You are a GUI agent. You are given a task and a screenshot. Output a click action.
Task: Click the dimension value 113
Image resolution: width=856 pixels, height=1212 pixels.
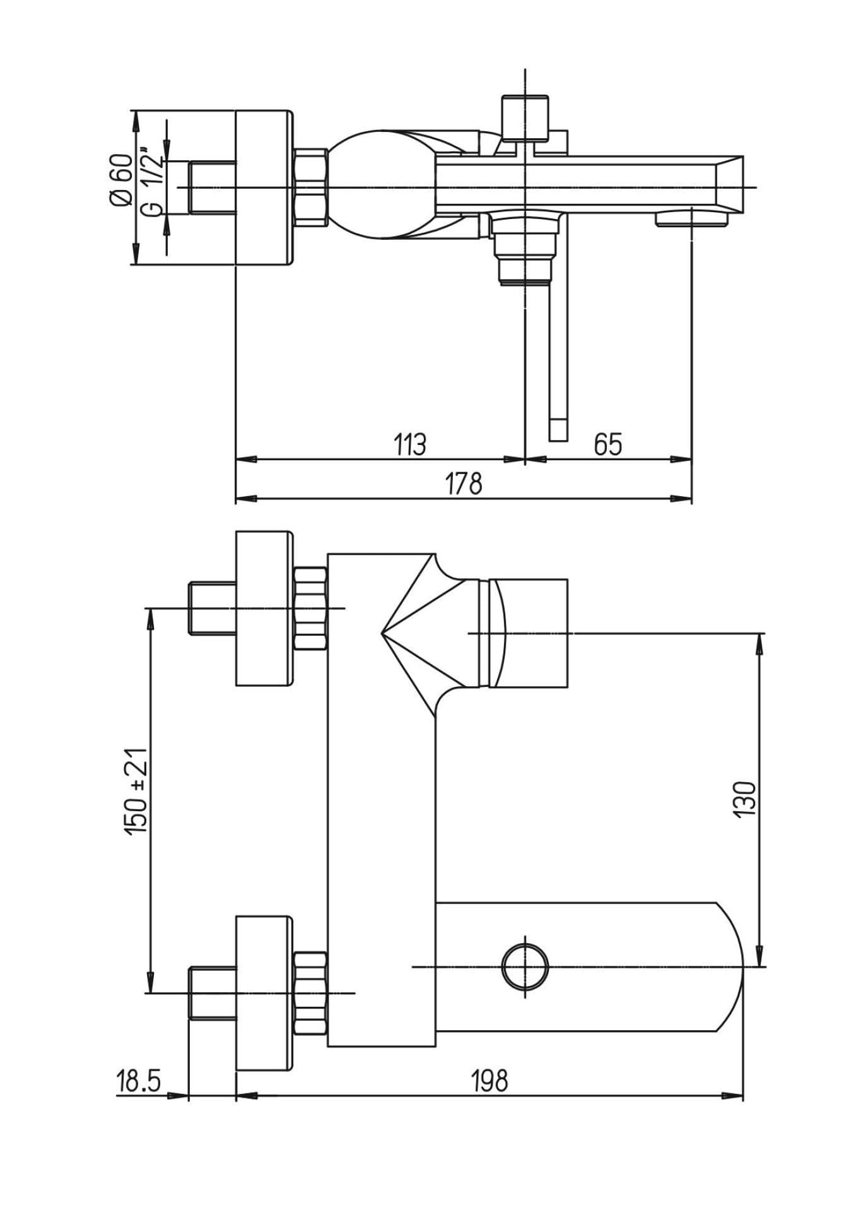click(x=410, y=444)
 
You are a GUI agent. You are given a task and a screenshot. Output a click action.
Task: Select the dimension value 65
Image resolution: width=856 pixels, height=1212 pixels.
click(x=608, y=444)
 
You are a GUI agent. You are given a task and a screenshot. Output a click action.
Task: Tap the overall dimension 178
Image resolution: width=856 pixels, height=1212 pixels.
click(x=464, y=484)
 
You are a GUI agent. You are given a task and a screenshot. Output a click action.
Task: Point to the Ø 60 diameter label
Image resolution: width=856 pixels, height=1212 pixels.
click(x=121, y=179)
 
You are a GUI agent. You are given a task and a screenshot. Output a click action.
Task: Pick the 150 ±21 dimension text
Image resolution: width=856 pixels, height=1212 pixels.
click(x=136, y=792)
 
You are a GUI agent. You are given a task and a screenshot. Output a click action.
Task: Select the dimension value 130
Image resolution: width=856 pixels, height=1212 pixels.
click(x=745, y=799)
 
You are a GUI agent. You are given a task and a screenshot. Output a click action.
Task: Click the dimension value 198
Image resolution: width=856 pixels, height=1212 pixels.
click(x=490, y=1081)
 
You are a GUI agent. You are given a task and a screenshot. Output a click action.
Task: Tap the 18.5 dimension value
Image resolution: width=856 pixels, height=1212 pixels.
click(x=139, y=1081)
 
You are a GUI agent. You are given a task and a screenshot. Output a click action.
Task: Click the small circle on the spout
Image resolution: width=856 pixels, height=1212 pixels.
click(x=525, y=967)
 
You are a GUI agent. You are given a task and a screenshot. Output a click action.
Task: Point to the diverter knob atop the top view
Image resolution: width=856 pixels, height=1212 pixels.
click(x=525, y=118)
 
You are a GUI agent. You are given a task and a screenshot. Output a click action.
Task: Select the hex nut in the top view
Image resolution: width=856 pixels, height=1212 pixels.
click(x=311, y=186)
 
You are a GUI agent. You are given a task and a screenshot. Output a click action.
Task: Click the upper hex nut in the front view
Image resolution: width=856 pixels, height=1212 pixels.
click(x=311, y=609)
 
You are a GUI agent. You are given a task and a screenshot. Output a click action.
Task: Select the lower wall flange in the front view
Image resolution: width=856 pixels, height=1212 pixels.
click(x=265, y=993)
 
